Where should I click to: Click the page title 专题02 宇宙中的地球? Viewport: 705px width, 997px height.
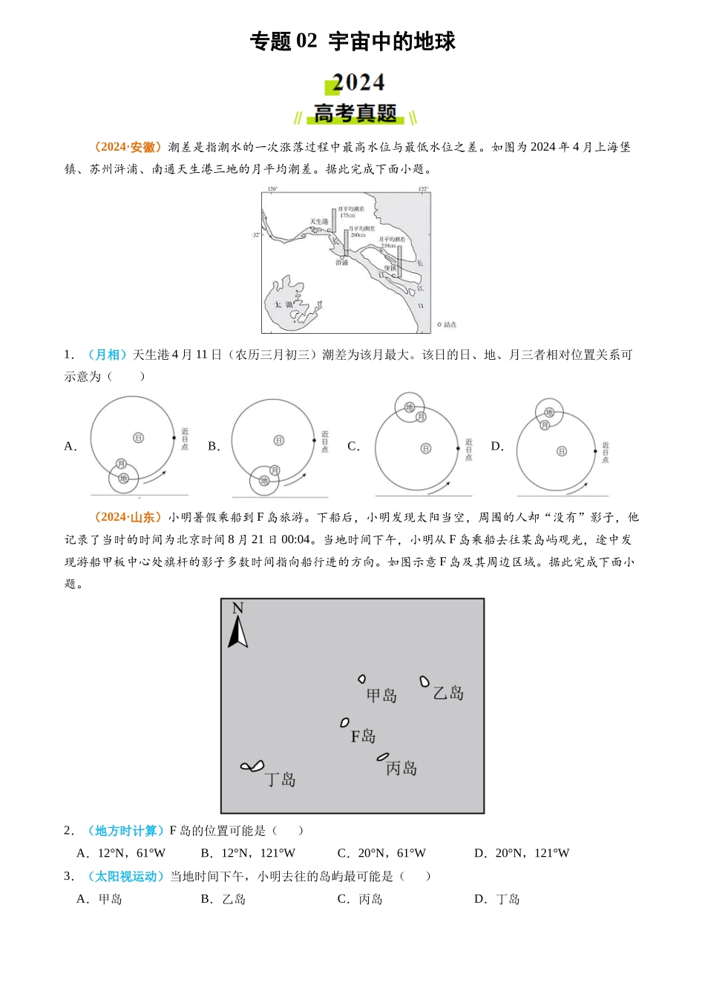coord(352,42)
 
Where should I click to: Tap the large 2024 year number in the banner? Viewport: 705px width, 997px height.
coord(358,82)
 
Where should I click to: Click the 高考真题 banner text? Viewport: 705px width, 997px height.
coord(355,113)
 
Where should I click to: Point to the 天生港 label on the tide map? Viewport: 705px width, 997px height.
coord(319,222)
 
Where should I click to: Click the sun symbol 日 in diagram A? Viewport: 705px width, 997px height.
coord(138,438)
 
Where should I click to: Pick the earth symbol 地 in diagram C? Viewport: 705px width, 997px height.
coord(410,407)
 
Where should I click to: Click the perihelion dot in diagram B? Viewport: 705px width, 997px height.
coord(315,441)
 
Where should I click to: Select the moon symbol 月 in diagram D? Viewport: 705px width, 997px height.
coord(545,425)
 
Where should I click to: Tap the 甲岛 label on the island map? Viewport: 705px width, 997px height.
coord(381,695)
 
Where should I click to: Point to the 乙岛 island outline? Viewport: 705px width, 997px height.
coord(424,681)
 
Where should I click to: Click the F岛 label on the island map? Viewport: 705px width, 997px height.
coord(363,736)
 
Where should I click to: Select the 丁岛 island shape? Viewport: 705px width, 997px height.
coord(252,766)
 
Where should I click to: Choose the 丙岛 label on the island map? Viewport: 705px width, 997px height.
coord(401,769)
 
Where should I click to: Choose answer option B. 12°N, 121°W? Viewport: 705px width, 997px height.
coord(248,853)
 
